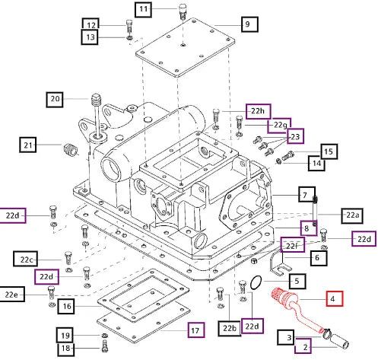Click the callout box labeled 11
click(143, 9)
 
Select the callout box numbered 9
click(249, 24)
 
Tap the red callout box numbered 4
click(335, 298)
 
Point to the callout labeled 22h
click(258, 111)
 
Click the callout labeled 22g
click(279, 126)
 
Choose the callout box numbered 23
click(295, 136)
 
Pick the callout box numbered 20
click(55, 100)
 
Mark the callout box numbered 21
click(28, 145)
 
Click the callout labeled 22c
click(26, 259)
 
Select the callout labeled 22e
click(12, 295)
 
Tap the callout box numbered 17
click(196, 330)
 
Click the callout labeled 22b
click(230, 329)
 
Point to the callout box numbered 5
click(297, 281)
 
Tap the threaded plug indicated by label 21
click(70, 149)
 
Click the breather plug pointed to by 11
click(183, 11)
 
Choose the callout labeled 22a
click(352, 215)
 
